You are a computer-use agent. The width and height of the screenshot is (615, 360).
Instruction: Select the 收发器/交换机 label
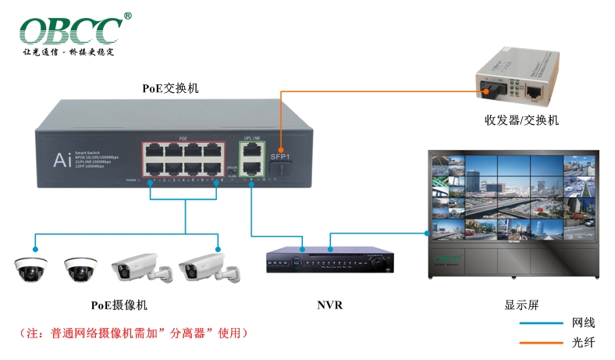click(521, 121)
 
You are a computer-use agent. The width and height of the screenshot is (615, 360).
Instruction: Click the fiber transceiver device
click(514, 81)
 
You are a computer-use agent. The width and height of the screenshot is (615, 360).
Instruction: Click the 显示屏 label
click(522, 305)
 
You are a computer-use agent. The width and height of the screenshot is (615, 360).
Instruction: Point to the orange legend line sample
click(540, 342)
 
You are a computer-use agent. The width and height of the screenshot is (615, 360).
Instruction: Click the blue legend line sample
click(540, 323)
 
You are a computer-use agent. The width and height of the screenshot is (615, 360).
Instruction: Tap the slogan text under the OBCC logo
click(69, 52)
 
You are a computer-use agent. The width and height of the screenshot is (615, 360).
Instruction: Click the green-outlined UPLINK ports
click(252, 158)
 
